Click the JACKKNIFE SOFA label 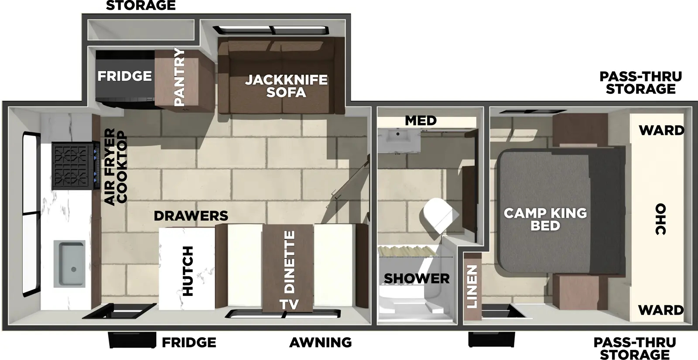click(x=286, y=86)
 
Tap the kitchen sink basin click(x=70, y=264)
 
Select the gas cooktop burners click(x=72, y=166)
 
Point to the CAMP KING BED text click(x=545, y=219)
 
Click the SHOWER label click(x=416, y=278)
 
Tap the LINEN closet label click(x=472, y=286)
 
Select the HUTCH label click(x=187, y=271)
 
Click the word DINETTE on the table click(x=289, y=262)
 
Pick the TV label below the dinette click(x=289, y=304)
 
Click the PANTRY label click(x=179, y=77)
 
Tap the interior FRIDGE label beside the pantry click(x=124, y=76)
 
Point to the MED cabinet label click(x=421, y=120)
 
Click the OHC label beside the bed click(x=660, y=219)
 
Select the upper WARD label click(x=661, y=130)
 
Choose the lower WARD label click(x=660, y=310)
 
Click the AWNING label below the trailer click(x=320, y=343)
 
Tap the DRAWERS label click(x=191, y=216)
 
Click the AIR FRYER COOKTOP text click(x=116, y=166)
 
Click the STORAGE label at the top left click(x=140, y=6)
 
